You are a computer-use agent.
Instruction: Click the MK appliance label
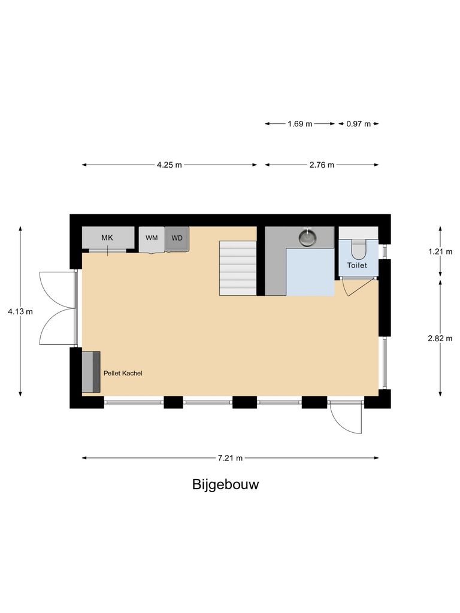tap(107, 238)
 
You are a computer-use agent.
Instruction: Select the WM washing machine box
tap(152, 239)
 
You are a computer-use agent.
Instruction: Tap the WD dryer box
tap(177, 238)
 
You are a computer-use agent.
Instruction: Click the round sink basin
tap(308, 238)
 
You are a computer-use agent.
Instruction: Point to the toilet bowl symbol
tap(358, 246)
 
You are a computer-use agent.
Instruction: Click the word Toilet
tap(357, 265)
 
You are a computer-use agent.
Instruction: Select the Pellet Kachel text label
tap(123, 373)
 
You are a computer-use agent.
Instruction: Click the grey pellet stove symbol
tap(91, 372)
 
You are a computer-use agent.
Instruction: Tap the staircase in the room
tap(238, 268)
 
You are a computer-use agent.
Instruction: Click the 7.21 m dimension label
tap(230, 458)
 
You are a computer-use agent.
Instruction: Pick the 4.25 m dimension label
tap(170, 165)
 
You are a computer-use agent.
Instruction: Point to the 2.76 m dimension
tap(322, 165)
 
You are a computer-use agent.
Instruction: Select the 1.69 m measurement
tap(300, 124)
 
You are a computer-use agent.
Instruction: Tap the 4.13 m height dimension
tap(20, 311)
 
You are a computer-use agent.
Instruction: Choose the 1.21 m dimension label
tap(440, 252)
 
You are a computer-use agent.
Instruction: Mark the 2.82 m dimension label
tap(440, 338)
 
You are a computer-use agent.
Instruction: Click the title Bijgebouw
tap(225, 484)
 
